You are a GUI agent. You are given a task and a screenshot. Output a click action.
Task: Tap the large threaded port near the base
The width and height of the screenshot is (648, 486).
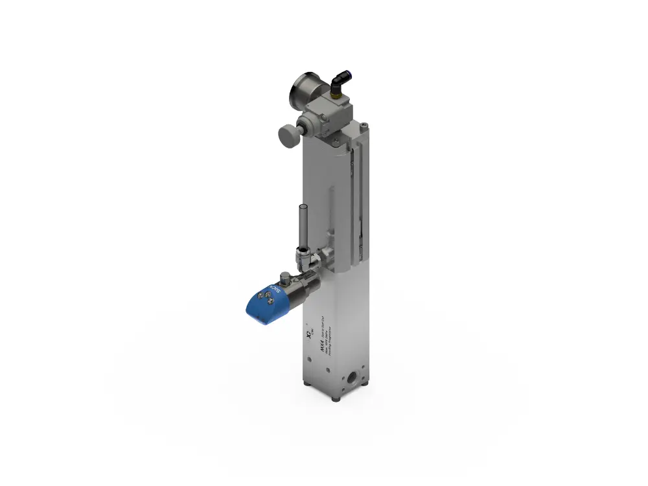point(353,378)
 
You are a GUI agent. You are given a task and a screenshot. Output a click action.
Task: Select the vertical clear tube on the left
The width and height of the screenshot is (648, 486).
point(301,227)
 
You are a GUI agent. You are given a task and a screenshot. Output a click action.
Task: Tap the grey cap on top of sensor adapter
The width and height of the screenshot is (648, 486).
point(286,275)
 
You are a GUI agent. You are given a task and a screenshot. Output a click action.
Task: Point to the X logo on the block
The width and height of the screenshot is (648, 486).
point(308,334)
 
